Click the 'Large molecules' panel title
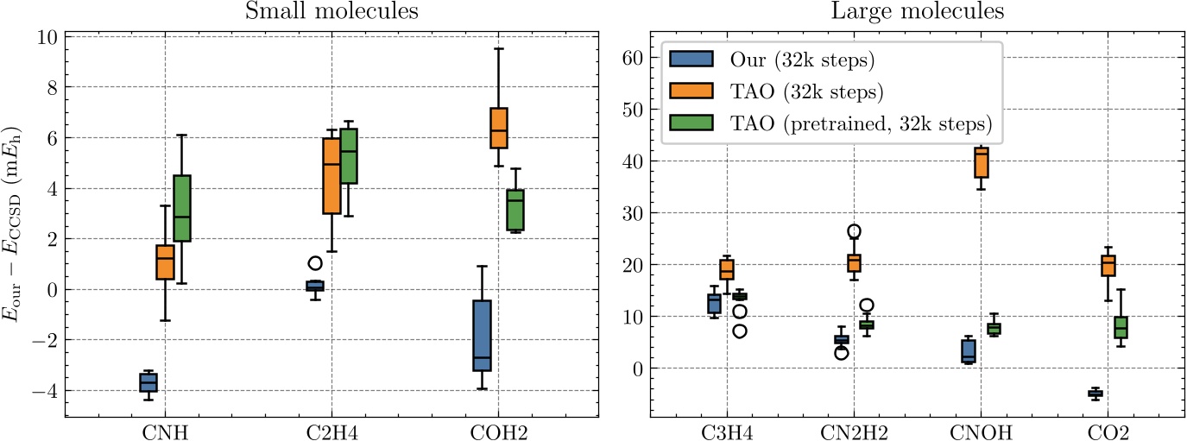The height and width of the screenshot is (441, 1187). [x=918, y=12]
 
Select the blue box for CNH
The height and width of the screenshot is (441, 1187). [x=148, y=382]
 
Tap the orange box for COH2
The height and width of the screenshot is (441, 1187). [x=498, y=128]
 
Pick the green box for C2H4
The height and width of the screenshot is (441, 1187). [x=349, y=155]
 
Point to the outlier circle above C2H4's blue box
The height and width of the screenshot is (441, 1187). [x=315, y=263]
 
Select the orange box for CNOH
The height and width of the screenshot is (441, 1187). [x=982, y=162]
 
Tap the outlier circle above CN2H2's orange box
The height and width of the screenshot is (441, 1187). [x=854, y=231]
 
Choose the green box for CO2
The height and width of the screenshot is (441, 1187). [x=1121, y=327]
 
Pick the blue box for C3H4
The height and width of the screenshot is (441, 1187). [x=714, y=303]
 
